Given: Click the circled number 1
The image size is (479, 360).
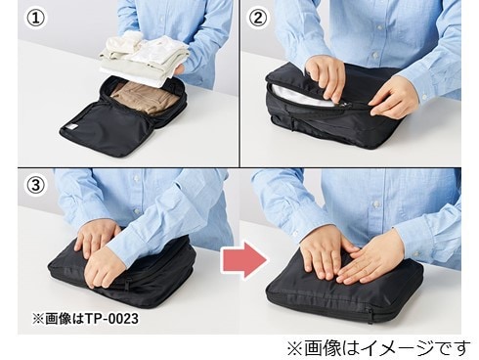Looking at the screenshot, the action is coord(35,19).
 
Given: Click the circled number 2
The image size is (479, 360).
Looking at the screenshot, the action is coord(258,19).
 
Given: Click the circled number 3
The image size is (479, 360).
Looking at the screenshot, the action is coord(35,186).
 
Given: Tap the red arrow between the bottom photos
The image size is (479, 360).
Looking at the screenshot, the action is coord(244,260).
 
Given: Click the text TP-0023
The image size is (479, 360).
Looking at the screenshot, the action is coord(111,318).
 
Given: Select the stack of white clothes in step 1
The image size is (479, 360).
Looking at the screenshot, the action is coord(144,60).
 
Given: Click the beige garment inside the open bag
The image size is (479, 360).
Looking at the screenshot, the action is coord(144,97).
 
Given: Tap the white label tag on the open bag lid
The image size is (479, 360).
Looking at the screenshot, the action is coord(70,127).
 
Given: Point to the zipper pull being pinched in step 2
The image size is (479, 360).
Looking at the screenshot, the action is coord(339,104).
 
